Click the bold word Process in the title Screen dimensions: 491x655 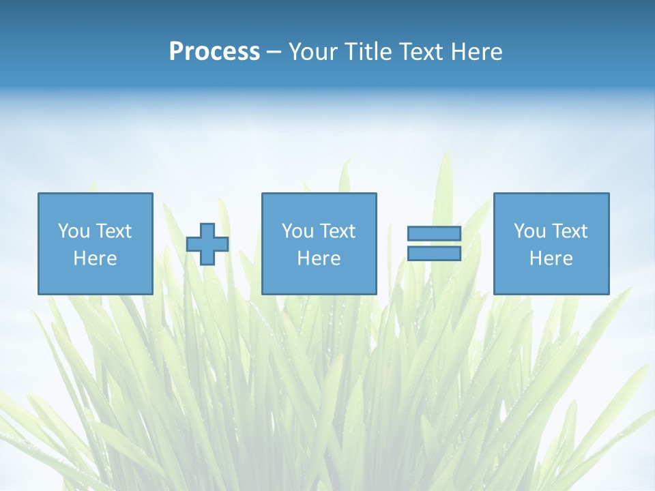pos(214,52)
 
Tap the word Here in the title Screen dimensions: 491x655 pos(476,52)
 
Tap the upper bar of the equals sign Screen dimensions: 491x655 pos(434,234)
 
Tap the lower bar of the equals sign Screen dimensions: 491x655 pos(434,254)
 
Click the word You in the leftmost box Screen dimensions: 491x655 pos(74,231)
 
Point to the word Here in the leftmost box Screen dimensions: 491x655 pos(95,258)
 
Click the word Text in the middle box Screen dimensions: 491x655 pos(337,231)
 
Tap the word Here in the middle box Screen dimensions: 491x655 pos(319,258)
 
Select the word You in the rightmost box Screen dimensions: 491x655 pos(529,231)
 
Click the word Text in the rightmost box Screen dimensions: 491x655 pos(569,231)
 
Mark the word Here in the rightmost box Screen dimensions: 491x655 pos(551,258)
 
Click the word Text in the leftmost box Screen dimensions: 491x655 pos(113,231)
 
